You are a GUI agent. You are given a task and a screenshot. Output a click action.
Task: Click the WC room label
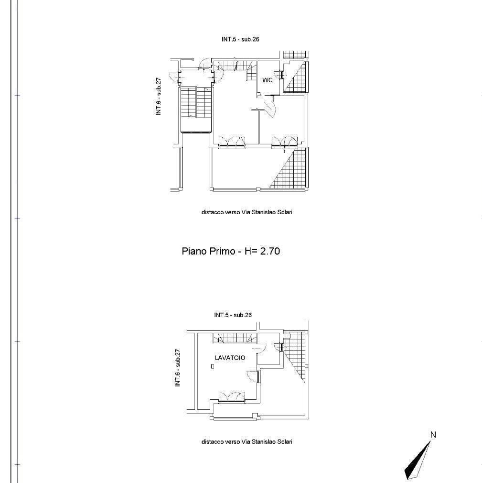point(267,80)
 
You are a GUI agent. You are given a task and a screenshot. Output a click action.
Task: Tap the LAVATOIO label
point(230,358)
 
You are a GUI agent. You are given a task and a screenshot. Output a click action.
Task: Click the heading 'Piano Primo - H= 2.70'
point(231,251)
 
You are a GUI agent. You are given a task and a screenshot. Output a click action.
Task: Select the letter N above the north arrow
point(433,435)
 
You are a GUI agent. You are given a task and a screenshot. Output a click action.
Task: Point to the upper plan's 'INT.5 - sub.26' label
point(240,39)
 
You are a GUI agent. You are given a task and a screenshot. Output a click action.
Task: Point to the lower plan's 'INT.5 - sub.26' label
point(233,315)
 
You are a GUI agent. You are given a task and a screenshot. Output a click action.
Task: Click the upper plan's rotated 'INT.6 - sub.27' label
point(159,97)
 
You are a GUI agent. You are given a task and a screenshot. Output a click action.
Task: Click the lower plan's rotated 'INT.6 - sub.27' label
point(178,368)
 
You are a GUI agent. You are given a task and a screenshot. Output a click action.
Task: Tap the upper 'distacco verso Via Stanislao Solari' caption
point(247,212)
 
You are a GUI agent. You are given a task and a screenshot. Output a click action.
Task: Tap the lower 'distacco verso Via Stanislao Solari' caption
point(247,442)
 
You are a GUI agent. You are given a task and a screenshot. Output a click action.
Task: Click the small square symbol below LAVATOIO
point(213,366)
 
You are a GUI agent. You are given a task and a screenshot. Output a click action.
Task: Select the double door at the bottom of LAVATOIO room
point(232,398)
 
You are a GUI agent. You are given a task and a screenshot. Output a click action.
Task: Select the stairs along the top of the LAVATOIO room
point(235,338)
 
